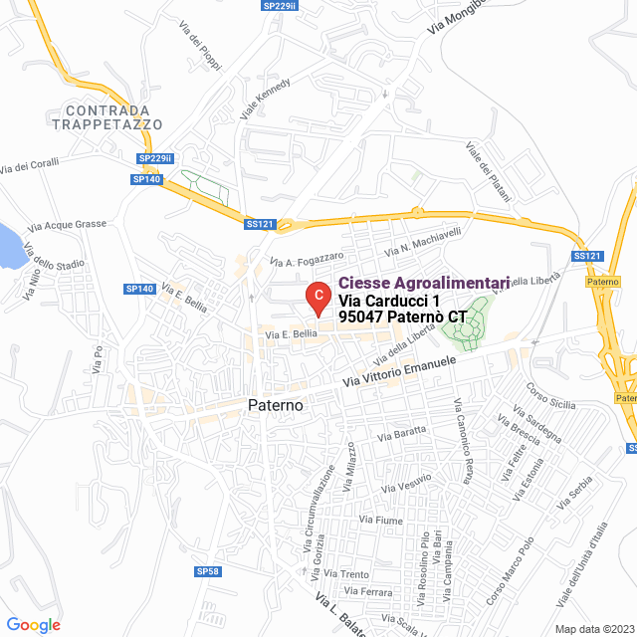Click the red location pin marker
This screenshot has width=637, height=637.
[317, 296]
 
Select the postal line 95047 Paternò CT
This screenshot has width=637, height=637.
[402, 317]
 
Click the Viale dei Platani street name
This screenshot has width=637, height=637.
[488, 171]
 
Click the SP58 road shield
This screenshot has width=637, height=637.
[207, 571]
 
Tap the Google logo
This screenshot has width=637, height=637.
[33, 624]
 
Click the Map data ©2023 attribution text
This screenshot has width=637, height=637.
[593, 629]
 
